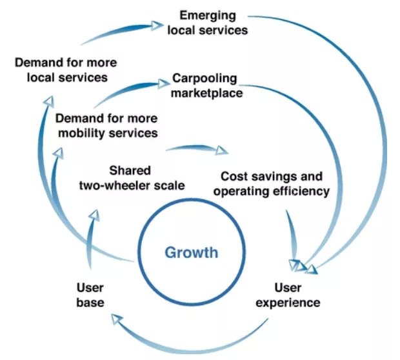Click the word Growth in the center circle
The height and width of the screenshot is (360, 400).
click(x=192, y=252)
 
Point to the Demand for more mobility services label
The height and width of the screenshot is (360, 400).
click(x=106, y=126)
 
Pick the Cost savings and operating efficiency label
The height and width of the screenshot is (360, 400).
click(x=272, y=183)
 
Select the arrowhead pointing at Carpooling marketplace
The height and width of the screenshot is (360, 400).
click(x=161, y=83)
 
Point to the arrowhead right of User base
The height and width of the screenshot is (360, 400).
click(x=114, y=316)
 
